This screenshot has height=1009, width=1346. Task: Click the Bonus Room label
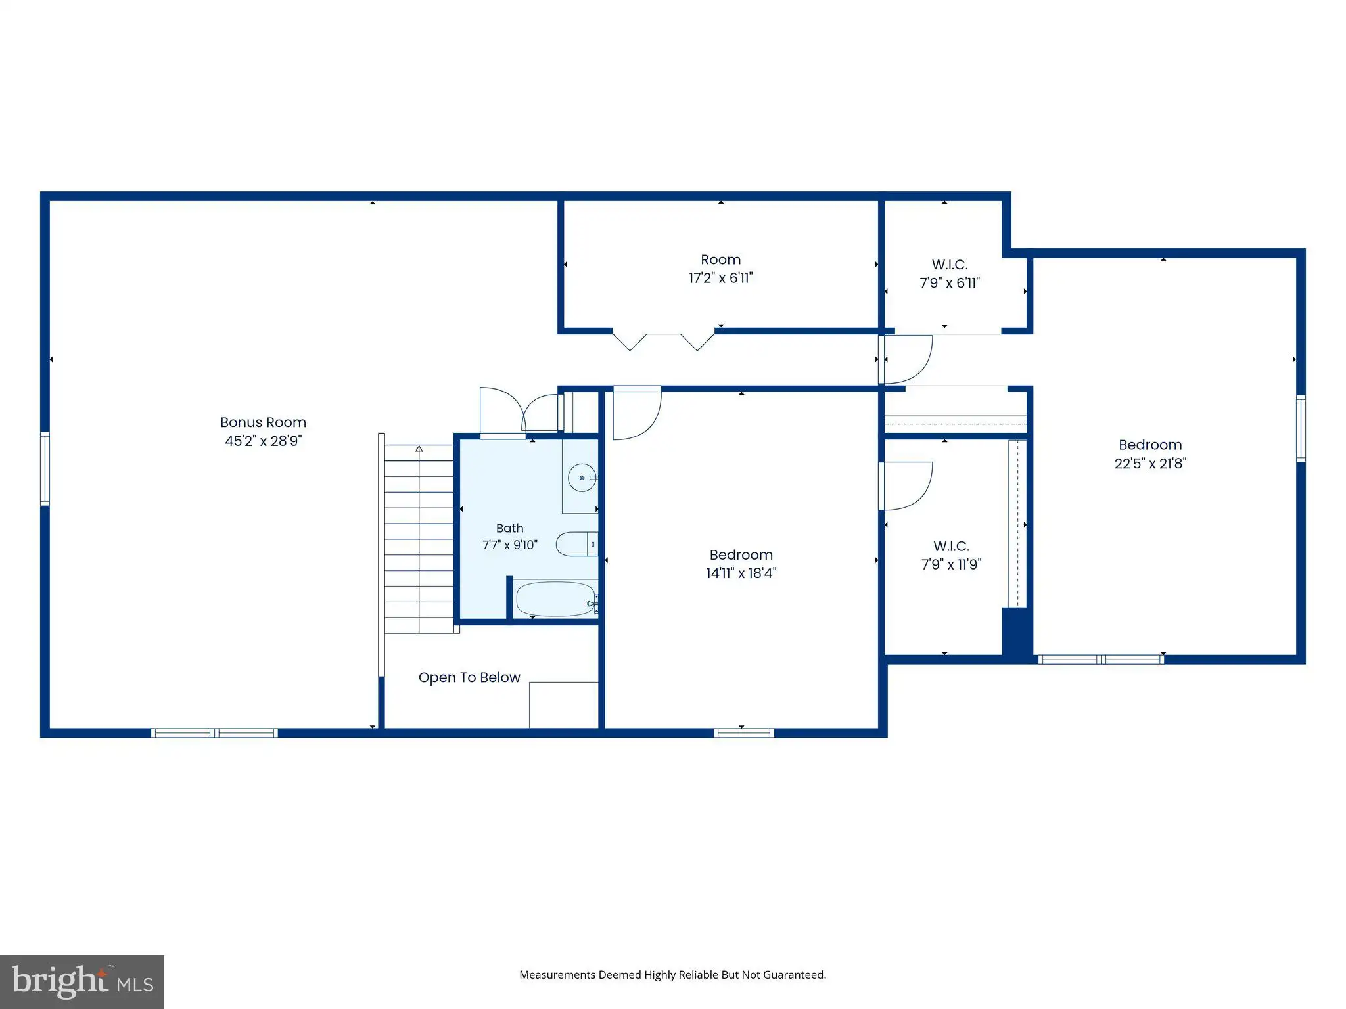(263, 422)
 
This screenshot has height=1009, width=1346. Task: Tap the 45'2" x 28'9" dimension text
(263, 441)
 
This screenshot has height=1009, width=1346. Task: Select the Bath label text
(510, 528)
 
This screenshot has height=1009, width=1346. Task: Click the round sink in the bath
(582, 478)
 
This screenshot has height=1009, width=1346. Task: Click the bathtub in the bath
(556, 598)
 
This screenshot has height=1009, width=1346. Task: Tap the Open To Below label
(469, 677)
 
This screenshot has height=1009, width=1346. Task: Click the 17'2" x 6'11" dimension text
(720, 278)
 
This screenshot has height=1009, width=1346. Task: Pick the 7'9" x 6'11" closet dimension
(950, 283)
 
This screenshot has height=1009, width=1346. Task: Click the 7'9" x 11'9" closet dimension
(951, 564)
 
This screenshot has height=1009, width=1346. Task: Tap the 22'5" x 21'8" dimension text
(1150, 463)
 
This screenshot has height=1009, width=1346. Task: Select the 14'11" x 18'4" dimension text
(741, 573)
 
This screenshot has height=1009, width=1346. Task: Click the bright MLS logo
(82, 982)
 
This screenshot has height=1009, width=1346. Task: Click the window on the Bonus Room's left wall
(45, 468)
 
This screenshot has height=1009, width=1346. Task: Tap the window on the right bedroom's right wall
(1301, 428)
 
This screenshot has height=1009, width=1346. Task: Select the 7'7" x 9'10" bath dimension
(510, 545)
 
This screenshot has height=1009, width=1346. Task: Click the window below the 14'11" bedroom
(744, 733)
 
